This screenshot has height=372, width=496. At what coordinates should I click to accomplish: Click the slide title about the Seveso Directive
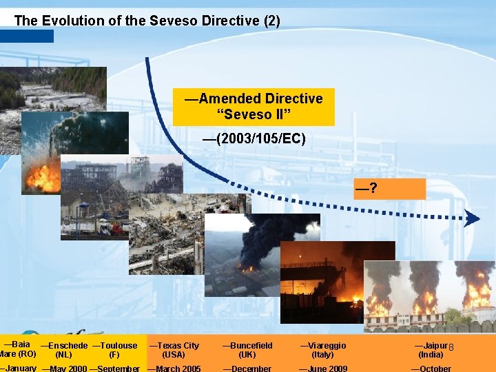(147, 21)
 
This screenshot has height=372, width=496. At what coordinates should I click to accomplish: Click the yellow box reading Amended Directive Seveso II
(254, 106)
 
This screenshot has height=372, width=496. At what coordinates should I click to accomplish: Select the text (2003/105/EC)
(254, 140)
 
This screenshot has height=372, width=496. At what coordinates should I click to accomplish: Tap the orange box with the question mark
(400, 188)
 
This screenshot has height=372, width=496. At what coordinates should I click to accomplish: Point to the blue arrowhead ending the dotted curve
(472, 219)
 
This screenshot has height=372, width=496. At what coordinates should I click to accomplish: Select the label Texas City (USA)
(174, 350)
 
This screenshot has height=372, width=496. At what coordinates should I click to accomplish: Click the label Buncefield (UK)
(247, 350)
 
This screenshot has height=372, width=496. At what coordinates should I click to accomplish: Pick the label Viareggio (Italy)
(322, 350)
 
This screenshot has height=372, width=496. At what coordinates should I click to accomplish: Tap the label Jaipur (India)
(431, 350)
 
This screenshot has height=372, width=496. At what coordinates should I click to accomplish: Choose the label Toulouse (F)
(114, 350)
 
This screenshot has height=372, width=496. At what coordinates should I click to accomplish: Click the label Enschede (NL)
(64, 350)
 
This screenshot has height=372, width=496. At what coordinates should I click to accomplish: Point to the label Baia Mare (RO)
(18, 349)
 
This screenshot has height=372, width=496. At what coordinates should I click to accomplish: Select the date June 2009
(322, 369)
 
